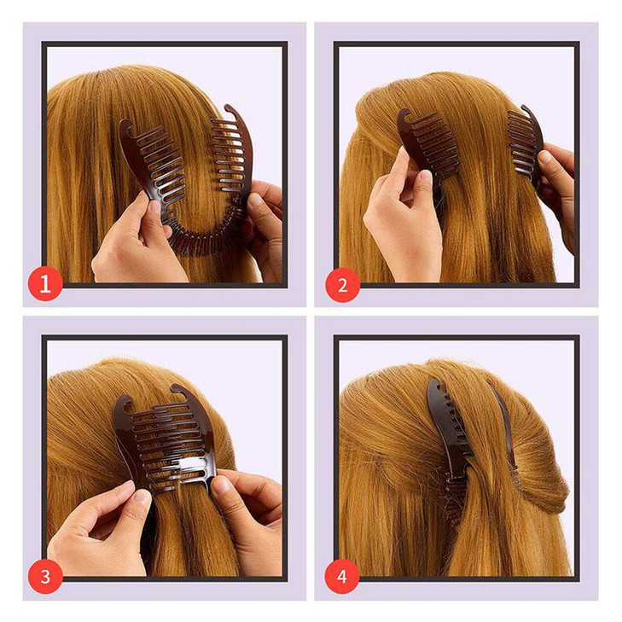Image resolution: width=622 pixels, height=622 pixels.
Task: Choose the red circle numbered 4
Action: [x=342, y=578]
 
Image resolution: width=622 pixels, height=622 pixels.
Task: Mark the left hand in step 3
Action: [x=98, y=533]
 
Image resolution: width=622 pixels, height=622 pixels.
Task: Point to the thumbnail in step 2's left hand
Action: [x=421, y=178]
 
